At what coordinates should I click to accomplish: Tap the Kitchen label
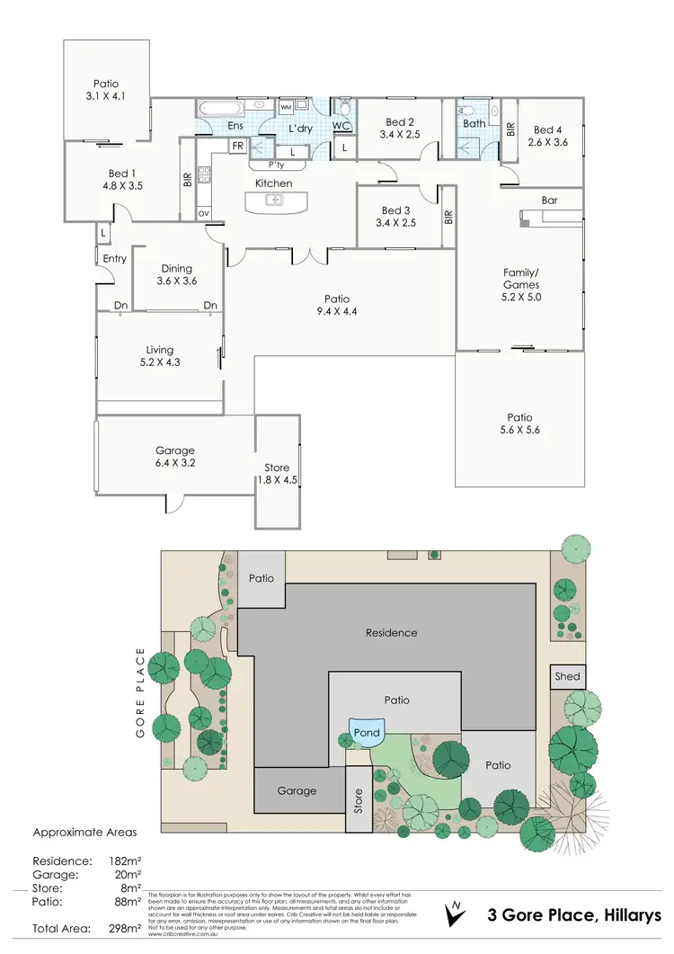tap(274, 183)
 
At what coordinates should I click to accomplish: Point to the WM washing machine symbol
tap(286, 108)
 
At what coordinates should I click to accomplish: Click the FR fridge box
tap(238, 146)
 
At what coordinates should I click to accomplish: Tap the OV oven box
tap(203, 213)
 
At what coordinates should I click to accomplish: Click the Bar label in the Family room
tap(549, 201)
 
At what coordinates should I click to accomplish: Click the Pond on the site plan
tap(367, 732)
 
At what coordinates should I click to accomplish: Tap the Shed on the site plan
tap(568, 676)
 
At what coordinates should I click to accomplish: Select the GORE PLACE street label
tap(140, 691)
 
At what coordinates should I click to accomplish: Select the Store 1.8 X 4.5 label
tap(277, 473)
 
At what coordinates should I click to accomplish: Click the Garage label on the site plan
tap(297, 790)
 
